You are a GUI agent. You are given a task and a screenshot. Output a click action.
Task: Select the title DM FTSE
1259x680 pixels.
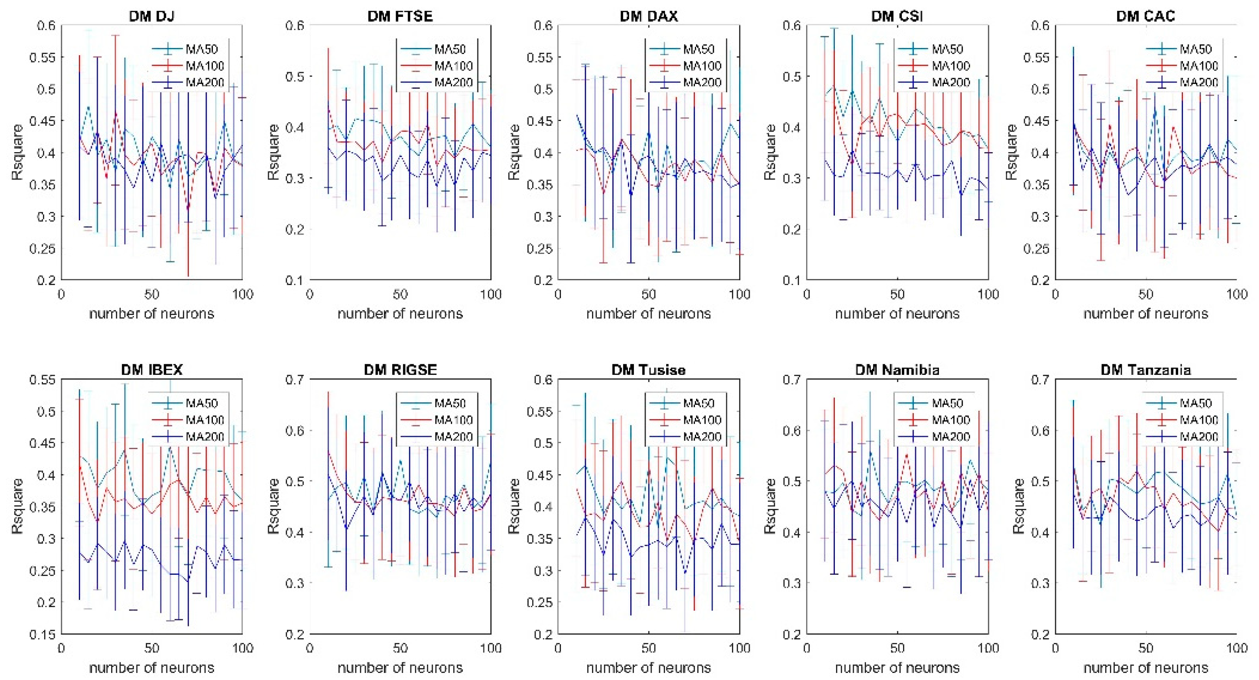click(x=400, y=16)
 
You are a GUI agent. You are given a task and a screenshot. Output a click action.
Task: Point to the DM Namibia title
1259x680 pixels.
click(x=897, y=370)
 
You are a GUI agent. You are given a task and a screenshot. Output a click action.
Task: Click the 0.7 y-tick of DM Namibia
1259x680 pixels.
click(x=792, y=379)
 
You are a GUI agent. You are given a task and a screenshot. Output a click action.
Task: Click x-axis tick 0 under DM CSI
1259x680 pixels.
click(x=807, y=294)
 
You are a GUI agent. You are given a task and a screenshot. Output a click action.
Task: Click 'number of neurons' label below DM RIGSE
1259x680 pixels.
click(x=400, y=667)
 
